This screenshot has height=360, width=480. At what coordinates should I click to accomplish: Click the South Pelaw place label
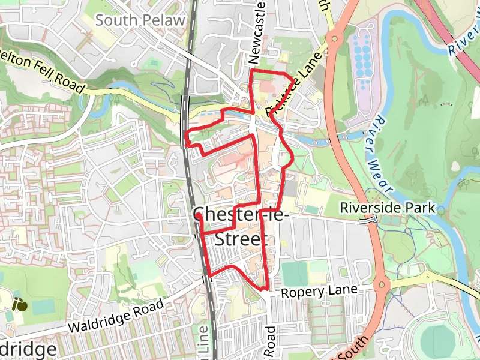139,20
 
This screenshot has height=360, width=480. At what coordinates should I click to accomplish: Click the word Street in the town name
240,239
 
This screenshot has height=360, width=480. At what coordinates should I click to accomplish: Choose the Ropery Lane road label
319,291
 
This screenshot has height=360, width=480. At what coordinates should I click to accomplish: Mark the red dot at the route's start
198,212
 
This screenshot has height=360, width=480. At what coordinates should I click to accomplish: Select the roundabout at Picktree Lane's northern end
334,39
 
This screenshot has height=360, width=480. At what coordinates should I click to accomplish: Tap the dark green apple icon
20,304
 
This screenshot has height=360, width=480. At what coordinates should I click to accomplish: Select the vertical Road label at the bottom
270,343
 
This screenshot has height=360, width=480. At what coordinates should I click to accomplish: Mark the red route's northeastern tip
293,80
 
